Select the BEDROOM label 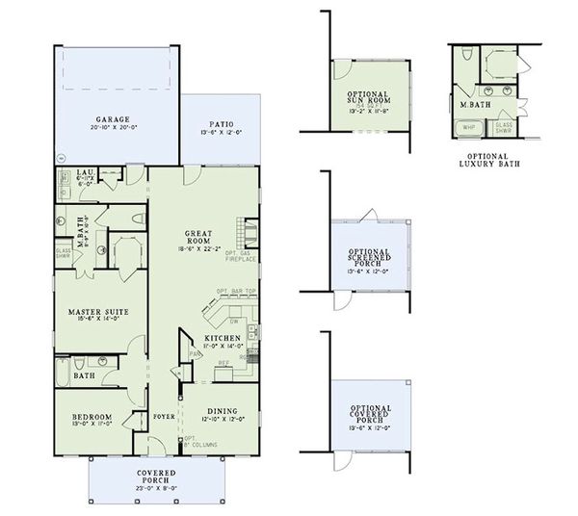point(92,416)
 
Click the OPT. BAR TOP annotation point(234,291)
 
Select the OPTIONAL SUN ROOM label point(367,96)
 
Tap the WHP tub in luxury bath point(470,126)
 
